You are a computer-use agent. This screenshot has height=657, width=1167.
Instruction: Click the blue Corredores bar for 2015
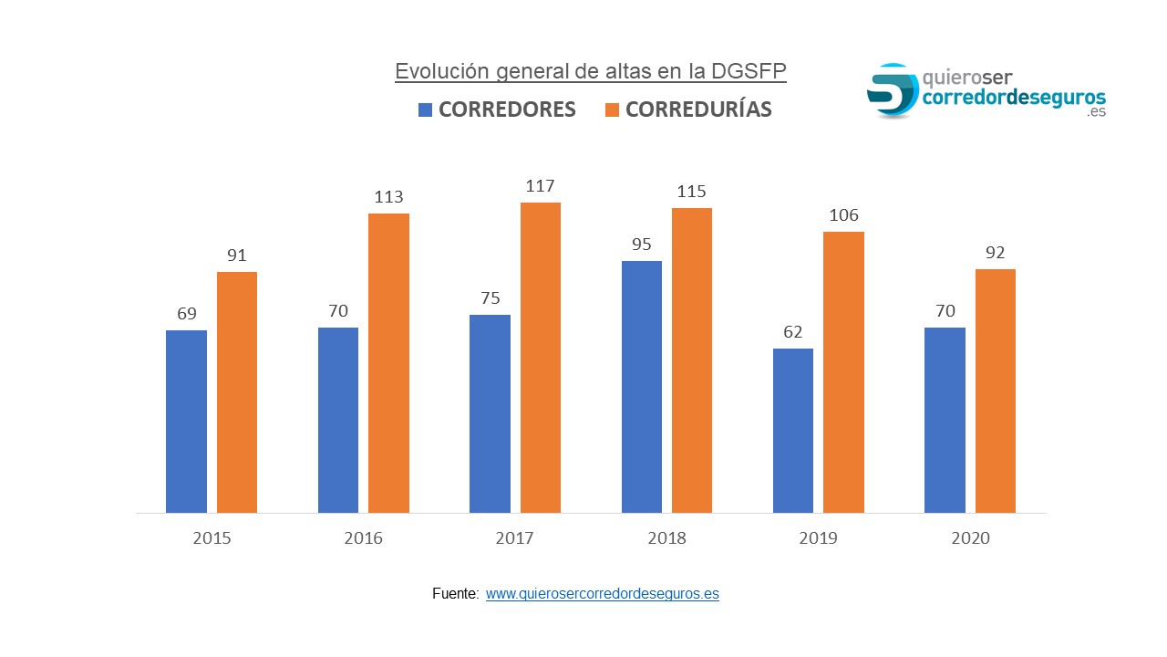tap(186, 422)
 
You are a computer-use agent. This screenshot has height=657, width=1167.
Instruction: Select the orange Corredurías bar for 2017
tap(541, 358)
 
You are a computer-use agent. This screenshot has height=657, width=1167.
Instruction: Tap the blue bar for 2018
tap(642, 387)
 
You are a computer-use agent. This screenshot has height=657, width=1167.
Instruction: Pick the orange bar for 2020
tap(996, 391)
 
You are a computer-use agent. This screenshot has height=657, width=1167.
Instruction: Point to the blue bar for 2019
tap(793, 431)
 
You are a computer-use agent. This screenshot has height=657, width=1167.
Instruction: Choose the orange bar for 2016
tap(388, 363)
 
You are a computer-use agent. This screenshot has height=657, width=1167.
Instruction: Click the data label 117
tap(541, 186)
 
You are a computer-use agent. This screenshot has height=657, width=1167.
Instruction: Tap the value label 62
tap(793, 332)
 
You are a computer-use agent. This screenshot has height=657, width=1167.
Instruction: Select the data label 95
tap(642, 245)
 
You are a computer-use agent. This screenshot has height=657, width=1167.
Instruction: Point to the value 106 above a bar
tap(843, 215)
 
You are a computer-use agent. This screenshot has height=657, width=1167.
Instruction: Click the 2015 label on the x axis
tap(212, 538)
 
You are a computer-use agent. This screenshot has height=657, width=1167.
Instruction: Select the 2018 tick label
tap(666, 538)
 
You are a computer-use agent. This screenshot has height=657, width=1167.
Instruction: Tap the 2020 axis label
tap(970, 538)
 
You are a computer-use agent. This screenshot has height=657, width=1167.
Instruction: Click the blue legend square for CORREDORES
tap(425, 110)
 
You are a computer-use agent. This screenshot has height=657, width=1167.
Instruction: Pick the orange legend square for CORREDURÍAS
tap(612, 110)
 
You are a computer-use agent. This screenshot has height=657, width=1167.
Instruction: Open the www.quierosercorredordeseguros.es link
tap(602, 594)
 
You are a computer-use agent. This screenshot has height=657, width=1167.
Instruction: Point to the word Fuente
tap(455, 594)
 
